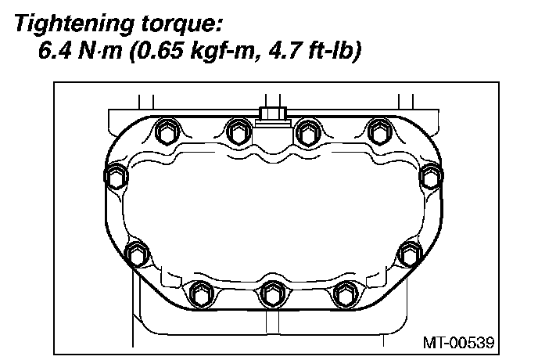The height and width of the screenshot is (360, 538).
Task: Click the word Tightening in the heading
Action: [x=74, y=25]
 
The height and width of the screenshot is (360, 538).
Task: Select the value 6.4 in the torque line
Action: [x=56, y=51]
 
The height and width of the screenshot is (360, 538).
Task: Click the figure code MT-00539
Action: [x=458, y=343]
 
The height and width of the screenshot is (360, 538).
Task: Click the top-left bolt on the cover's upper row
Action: [x=167, y=132]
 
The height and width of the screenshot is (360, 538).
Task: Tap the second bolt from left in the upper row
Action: [x=239, y=132]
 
